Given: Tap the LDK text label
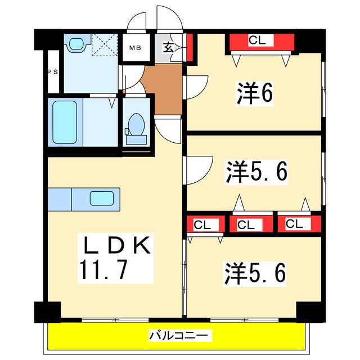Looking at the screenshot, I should point(116,246).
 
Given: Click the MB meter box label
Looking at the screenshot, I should point(136,47).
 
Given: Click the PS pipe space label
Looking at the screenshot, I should point(52,71).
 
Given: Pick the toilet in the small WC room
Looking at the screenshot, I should point(136,128).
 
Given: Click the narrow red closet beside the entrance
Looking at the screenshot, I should point(190,48).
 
